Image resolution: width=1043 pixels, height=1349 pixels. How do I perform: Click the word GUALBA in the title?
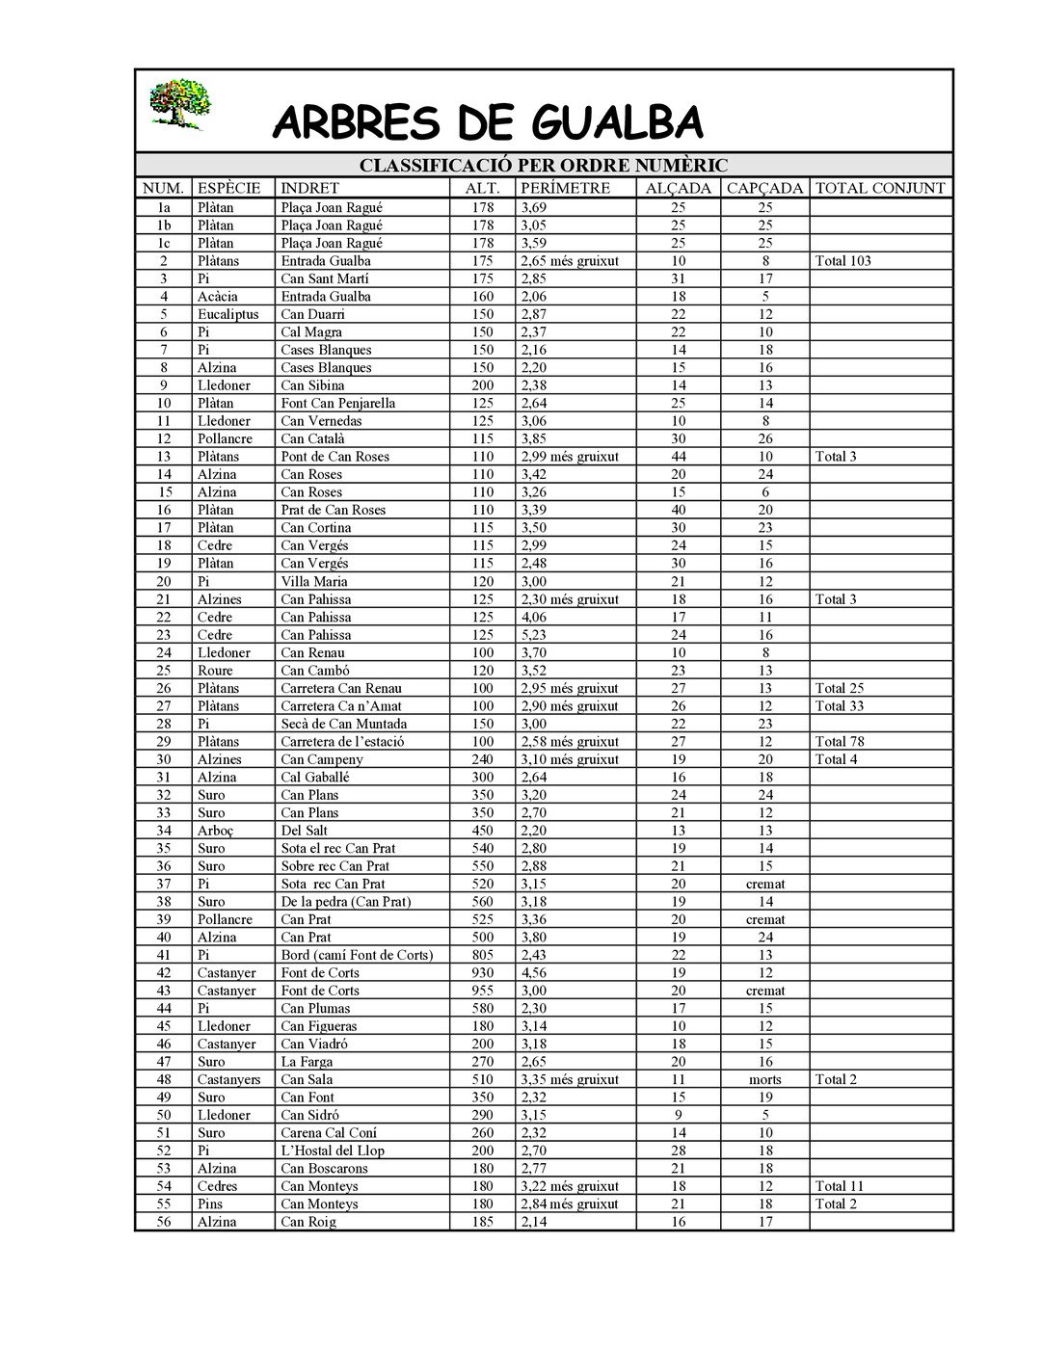coord(618,123)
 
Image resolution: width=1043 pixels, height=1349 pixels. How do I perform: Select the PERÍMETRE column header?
coord(565,189)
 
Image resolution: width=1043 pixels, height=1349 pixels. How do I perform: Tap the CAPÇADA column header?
coord(764,189)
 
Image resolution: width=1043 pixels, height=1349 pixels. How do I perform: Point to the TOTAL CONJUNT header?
coord(880,189)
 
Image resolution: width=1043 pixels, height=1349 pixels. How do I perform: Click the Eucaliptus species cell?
coord(228,314)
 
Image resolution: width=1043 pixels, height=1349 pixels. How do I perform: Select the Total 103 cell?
coord(843,261)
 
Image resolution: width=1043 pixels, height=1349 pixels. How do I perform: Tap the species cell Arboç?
coord(216,831)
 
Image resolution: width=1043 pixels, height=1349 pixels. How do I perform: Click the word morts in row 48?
coord(764,1079)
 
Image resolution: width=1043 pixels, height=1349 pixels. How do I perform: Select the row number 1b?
coord(164,225)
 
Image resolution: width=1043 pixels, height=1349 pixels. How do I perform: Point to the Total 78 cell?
coord(840,742)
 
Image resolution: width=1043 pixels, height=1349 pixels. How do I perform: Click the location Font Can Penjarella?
coord(337,404)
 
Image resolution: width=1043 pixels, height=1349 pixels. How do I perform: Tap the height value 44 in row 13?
coord(679,457)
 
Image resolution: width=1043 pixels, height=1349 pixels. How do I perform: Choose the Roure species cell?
coord(215,671)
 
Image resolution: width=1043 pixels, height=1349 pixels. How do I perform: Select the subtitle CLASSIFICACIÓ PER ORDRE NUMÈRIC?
coord(544,166)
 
